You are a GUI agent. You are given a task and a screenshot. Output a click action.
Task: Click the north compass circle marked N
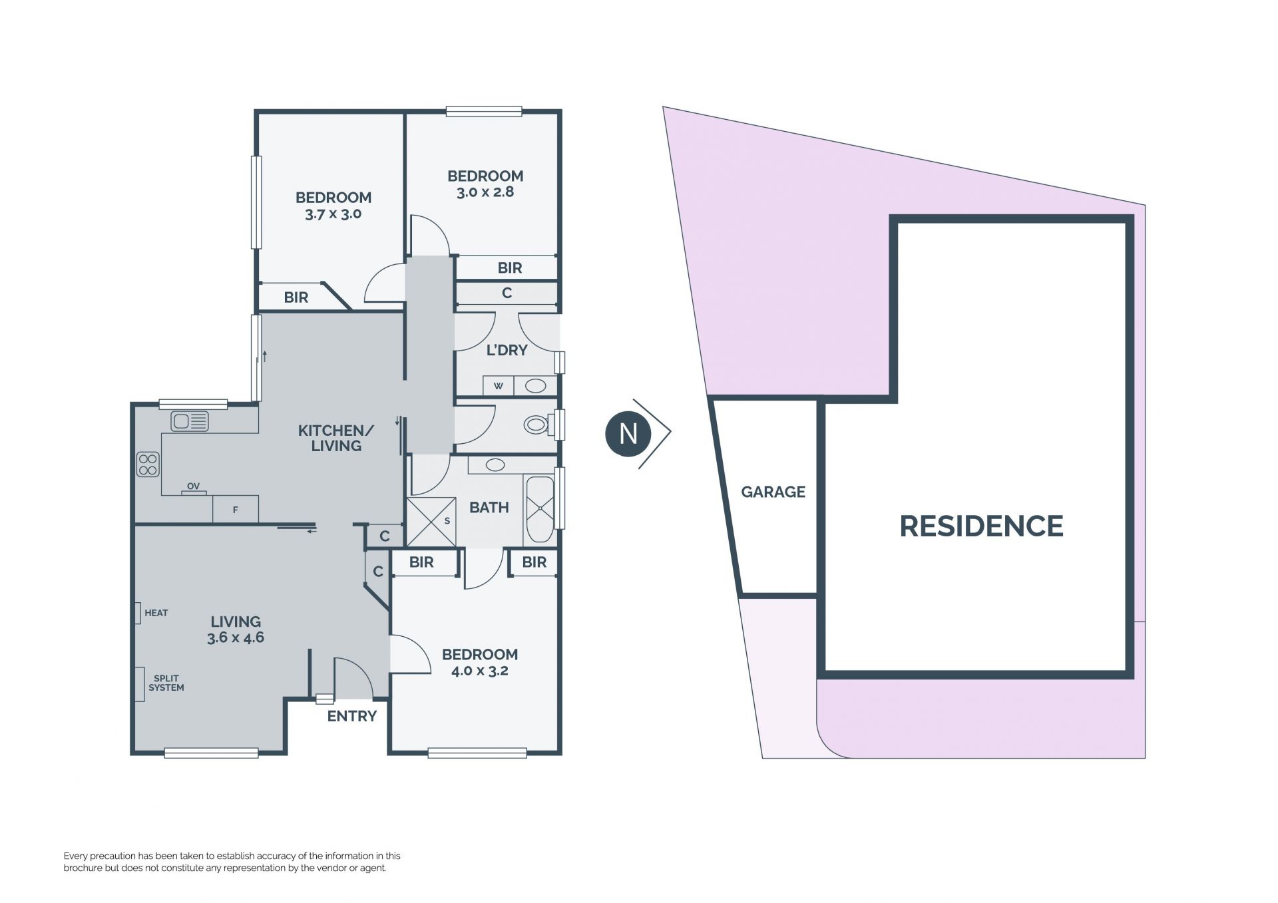[x=628, y=433]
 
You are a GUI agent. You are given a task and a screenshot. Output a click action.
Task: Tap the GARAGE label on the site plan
[x=773, y=492]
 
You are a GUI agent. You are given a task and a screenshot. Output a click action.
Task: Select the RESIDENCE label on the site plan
[x=981, y=526]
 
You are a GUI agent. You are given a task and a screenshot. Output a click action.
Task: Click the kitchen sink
[x=190, y=421]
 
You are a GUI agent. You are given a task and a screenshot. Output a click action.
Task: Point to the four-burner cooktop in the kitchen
[x=148, y=464]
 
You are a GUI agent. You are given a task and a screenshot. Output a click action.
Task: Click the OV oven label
[x=193, y=486]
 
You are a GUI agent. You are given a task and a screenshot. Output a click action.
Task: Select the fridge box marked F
[x=236, y=510]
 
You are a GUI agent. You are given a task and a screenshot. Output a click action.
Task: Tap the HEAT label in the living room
[x=156, y=613]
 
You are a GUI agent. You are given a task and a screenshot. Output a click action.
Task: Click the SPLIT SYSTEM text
[x=166, y=683]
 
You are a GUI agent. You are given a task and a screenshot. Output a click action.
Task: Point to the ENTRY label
[x=352, y=716]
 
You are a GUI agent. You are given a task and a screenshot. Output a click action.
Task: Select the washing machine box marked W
[x=499, y=386]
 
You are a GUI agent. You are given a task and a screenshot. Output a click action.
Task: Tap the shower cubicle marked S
[x=431, y=522]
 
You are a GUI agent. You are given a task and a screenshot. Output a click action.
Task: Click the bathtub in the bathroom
[x=540, y=509]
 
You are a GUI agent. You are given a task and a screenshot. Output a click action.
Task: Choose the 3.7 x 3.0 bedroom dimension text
[x=333, y=214]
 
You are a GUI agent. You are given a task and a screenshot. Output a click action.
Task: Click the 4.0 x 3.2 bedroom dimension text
[x=479, y=671]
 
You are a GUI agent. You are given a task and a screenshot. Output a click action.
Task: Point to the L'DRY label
[x=507, y=350]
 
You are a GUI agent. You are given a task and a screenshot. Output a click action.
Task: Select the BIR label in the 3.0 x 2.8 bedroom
[x=510, y=268]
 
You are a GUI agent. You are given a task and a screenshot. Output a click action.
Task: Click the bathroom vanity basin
[x=495, y=465]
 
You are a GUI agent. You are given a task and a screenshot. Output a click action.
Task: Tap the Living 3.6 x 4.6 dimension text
[x=236, y=637]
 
